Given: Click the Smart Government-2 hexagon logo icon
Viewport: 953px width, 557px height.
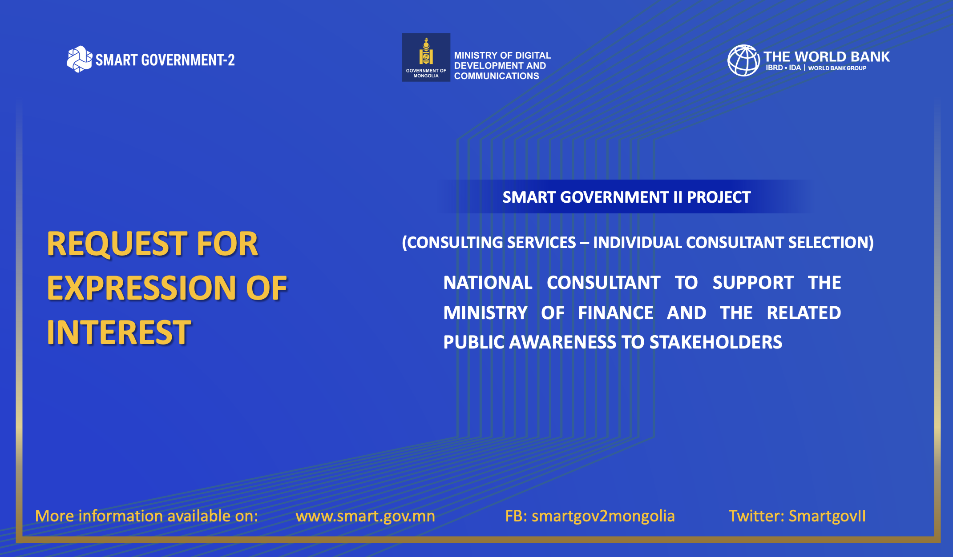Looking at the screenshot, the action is [x=79, y=59].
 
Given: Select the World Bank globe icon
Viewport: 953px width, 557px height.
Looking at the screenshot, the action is [x=743, y=60].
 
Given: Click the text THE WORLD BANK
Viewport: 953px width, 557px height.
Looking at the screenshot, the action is [x=826, y=57].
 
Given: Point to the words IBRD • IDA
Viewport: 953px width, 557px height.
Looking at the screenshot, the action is [x=783, y=68].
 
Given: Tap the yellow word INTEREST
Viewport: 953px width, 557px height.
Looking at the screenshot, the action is [x=119, y=333].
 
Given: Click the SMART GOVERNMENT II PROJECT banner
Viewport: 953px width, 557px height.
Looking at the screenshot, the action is [x=626, y=197].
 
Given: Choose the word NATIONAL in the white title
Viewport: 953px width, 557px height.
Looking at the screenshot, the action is [x=488, y=283].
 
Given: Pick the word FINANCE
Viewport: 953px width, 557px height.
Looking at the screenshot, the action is [x=616, y=313].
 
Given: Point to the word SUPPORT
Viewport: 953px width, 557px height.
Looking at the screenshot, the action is [x=753, y=283].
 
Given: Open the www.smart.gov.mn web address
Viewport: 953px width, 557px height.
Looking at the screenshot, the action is [x=365, y=516].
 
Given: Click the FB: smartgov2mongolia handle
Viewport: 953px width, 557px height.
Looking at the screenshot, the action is [x=590, y=516].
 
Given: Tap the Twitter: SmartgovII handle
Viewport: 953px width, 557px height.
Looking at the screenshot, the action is [x=797, y=516].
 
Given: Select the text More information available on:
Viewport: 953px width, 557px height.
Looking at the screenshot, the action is [x=146, y=516].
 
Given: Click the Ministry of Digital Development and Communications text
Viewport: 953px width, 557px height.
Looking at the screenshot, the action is [x=502, y=66].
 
